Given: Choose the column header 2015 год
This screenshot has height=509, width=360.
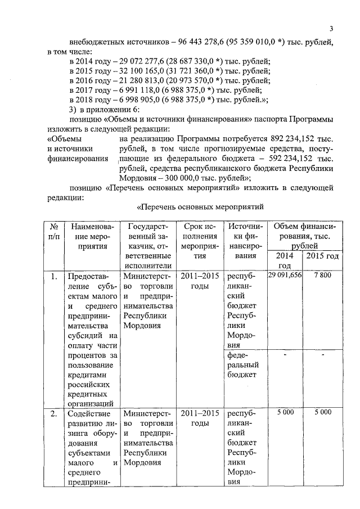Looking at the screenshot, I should point(322,256).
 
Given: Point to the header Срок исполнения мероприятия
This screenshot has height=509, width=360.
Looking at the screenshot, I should point(200,241).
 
